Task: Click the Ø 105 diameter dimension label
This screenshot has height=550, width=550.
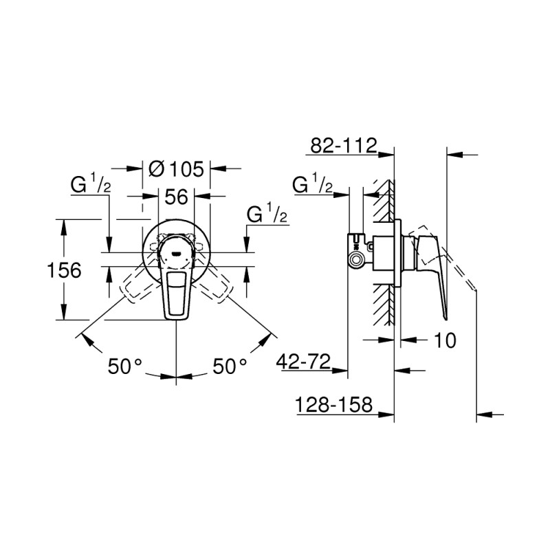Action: pos(176,168)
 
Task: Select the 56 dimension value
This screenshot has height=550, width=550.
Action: pos(176,197)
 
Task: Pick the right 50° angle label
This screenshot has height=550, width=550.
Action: pos(229,366)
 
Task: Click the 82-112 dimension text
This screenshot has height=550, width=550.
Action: pos(343,145)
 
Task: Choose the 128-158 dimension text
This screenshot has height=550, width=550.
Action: pos(333,406)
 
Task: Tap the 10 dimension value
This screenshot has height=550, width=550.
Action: pos(445,340)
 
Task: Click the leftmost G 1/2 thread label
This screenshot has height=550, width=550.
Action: pos(91,184)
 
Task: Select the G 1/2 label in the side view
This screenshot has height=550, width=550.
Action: pos(313,184)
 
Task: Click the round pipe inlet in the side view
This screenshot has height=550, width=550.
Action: pos(356,260)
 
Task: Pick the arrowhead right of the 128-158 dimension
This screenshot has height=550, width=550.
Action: pos(386,415)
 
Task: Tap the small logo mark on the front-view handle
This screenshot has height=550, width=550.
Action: pos(177,254)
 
